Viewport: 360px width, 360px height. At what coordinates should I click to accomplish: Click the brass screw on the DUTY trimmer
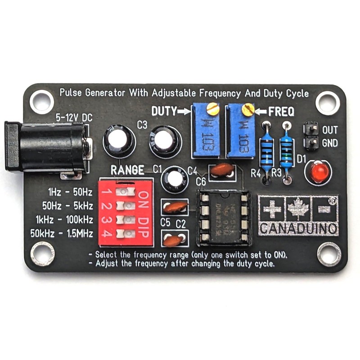pyautogui.click(x=214, y=108)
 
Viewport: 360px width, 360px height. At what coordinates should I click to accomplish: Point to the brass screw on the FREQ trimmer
pyautogui.click(x=247, y=109)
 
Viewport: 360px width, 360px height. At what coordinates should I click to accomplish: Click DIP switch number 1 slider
pyautogui.click(x=125, y=192)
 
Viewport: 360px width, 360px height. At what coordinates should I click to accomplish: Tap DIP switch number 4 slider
pyautogui.click(x=125, y=234)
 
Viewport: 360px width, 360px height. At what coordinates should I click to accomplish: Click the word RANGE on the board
pyautogui.click(x=127, y=170)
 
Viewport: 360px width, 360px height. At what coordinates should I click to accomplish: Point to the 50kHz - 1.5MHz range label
pyautogui.click(x=62, y=234)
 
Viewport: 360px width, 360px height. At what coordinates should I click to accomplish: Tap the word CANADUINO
pyautogui.click(x=298, y=228)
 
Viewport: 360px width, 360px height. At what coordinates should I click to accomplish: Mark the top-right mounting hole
pyautogui.click(x=328, y=103)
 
